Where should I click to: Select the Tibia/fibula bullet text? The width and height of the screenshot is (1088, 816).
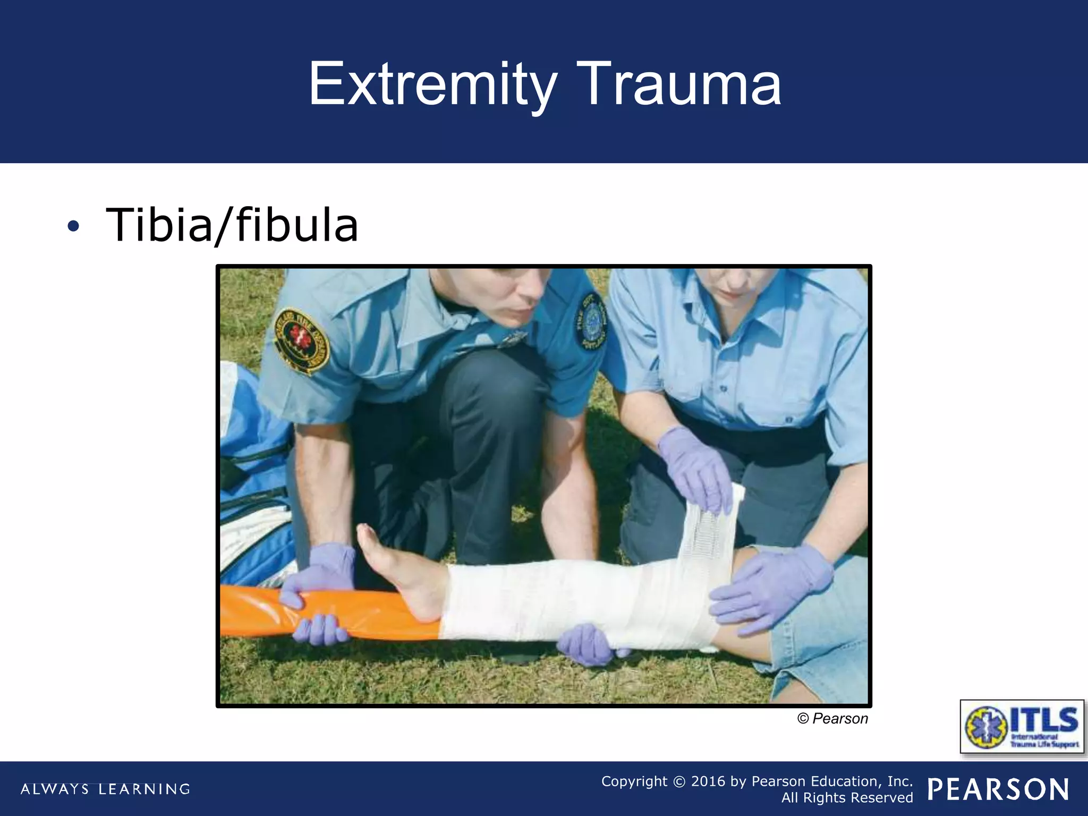[x=232, y=225]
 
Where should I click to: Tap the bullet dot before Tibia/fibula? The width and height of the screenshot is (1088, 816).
[x=73, y=227]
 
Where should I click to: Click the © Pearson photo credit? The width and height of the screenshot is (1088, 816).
[x=832, y=719]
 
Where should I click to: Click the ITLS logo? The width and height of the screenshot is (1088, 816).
[x=1022, y=726]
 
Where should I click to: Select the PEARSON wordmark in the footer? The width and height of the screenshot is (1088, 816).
[x=998, y=789]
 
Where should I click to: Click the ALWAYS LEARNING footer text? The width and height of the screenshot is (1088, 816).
[x=105, y=789]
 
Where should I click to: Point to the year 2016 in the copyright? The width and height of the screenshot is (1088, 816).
[x=708, y=781]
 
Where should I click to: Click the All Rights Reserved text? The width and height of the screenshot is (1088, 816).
[x=847, y=798]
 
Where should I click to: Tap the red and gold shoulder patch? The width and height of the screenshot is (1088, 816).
[x=301, y=340]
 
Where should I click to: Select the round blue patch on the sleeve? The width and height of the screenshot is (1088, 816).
[x=591, y=321]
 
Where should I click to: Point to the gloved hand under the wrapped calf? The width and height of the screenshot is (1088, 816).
[x=587, y=644]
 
